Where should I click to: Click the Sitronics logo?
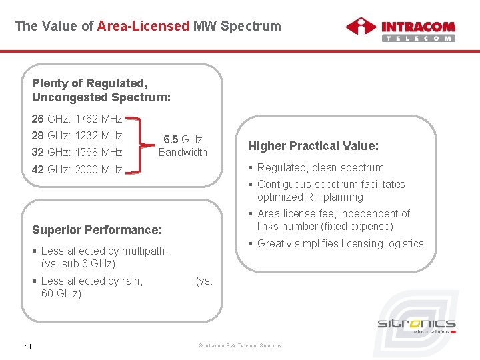(x=416, y=326)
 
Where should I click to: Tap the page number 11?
(x=28, y=345)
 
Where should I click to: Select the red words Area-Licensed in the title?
(x=143, y=27)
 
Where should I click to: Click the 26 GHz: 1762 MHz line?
(x=77, y=119)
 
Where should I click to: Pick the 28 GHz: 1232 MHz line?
(x=77, y=136)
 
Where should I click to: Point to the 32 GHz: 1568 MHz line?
(x=77, y=152)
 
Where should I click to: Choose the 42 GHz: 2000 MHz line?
(x=77, y=169)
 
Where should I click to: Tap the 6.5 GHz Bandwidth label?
(x=183, y=146)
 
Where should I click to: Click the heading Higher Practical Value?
(x=313, y=146)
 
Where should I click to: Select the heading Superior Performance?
(x=97, y=230)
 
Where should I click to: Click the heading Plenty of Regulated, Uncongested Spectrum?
(x=101, y=90)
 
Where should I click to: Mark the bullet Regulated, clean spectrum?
(x=320, y=168)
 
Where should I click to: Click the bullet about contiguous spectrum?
(x=330, y=191)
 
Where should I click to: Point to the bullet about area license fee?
(x=333, y=220)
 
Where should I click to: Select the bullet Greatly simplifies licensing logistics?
(x=339, y=244)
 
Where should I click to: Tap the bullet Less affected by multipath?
(x=103, y=257)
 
